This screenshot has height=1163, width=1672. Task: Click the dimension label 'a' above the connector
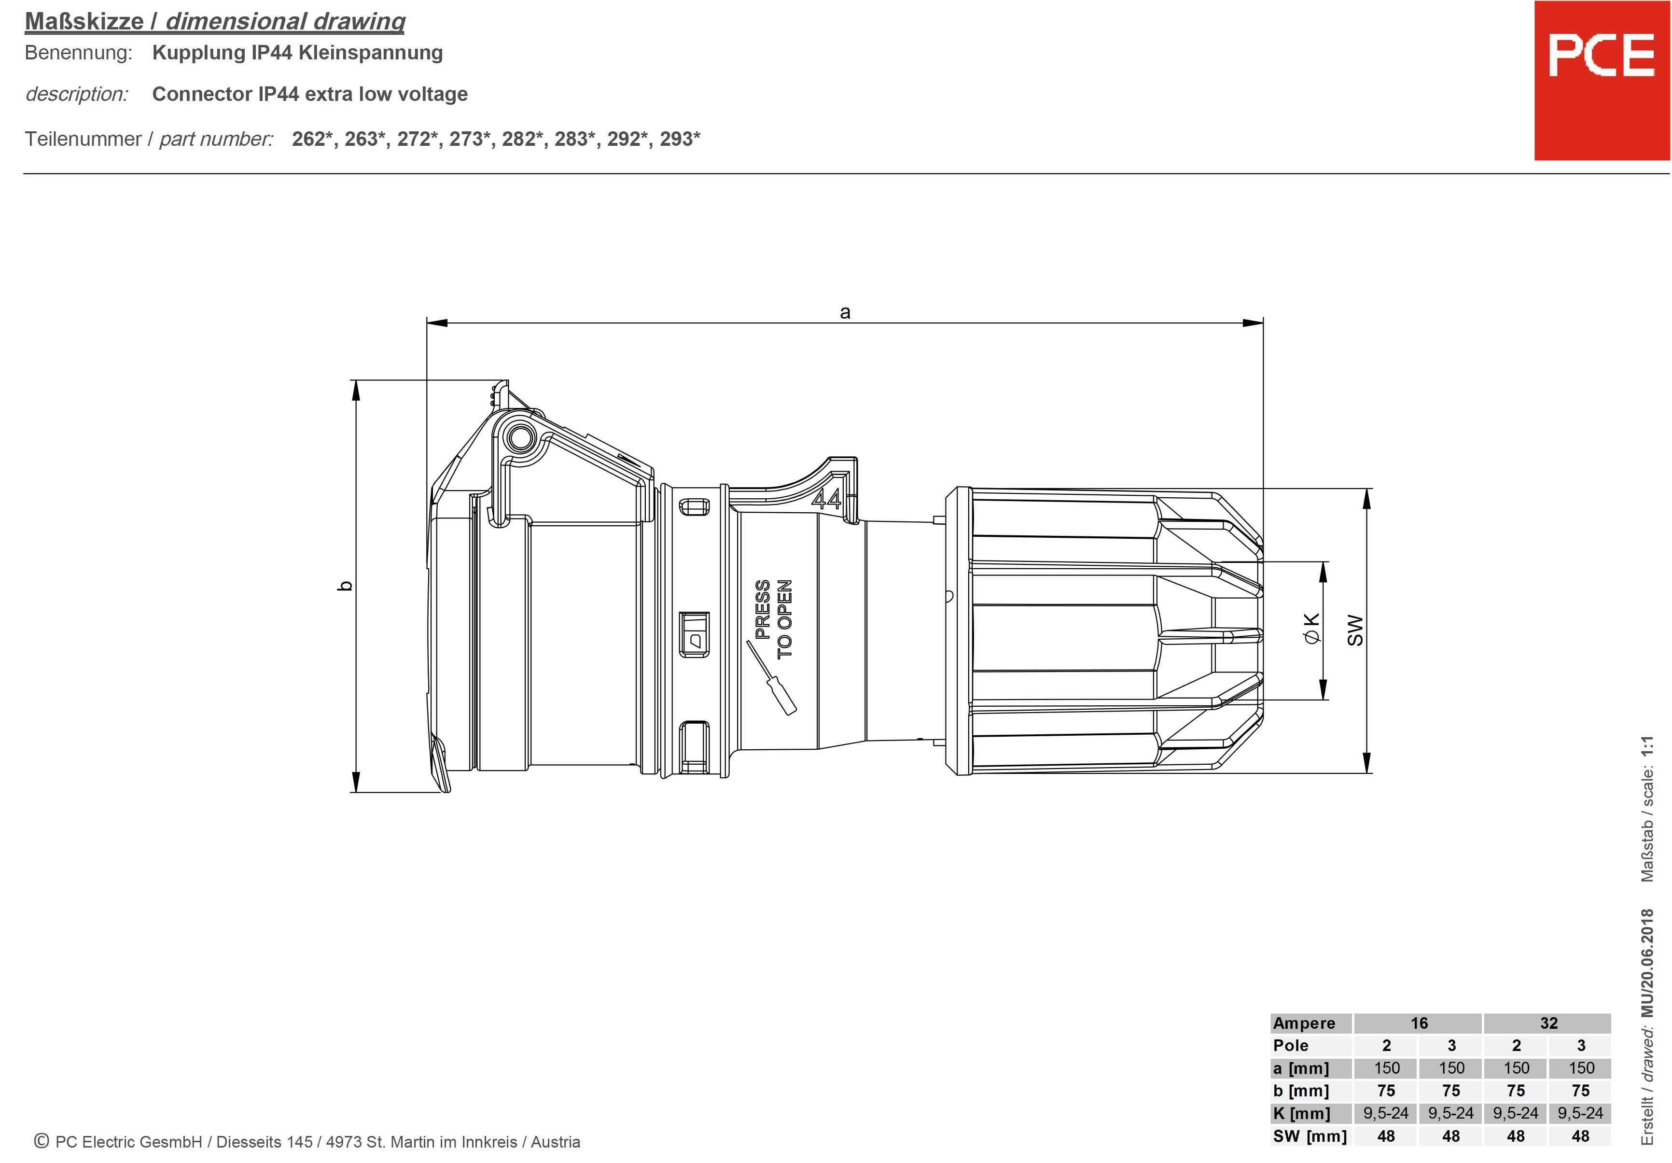coord(845,312)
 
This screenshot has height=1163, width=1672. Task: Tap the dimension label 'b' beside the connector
coord(346,586)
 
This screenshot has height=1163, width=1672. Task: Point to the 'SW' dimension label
coord(1354,630)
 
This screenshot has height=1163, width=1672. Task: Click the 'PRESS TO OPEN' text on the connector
coord(773,618)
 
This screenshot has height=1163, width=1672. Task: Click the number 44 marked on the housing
coord(826,499)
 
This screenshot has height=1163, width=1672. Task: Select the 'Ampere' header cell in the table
coord(1304,1023)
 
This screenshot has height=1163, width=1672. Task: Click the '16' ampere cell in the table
coord(1419,1023)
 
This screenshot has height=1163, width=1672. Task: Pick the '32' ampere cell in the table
coord(1548,1023)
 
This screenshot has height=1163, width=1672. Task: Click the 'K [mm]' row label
coord(1301,1113)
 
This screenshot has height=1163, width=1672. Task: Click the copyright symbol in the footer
coord(42,1141)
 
